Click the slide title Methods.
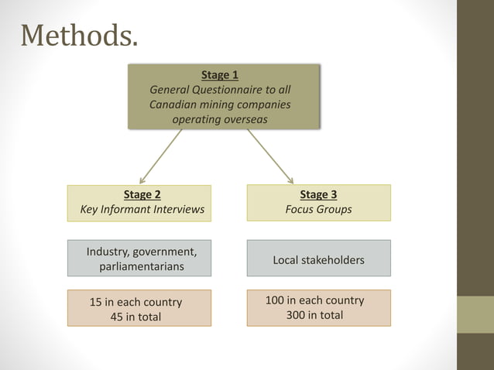[80, 36]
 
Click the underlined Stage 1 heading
[220, 75]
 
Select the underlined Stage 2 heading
[142, 195]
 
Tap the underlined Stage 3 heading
[318, 195]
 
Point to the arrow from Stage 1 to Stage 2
[160, 156]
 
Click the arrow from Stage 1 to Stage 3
[270, 156]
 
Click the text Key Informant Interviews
[142, 210]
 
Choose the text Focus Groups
[318, 210]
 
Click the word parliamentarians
[142, 266]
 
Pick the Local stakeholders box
[318, 259]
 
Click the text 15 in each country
[136, 302]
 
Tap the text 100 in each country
[314, 300]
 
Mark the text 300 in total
[314, 315]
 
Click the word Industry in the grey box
[107, 252]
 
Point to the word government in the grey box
[164, 252]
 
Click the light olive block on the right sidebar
[475, 314]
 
